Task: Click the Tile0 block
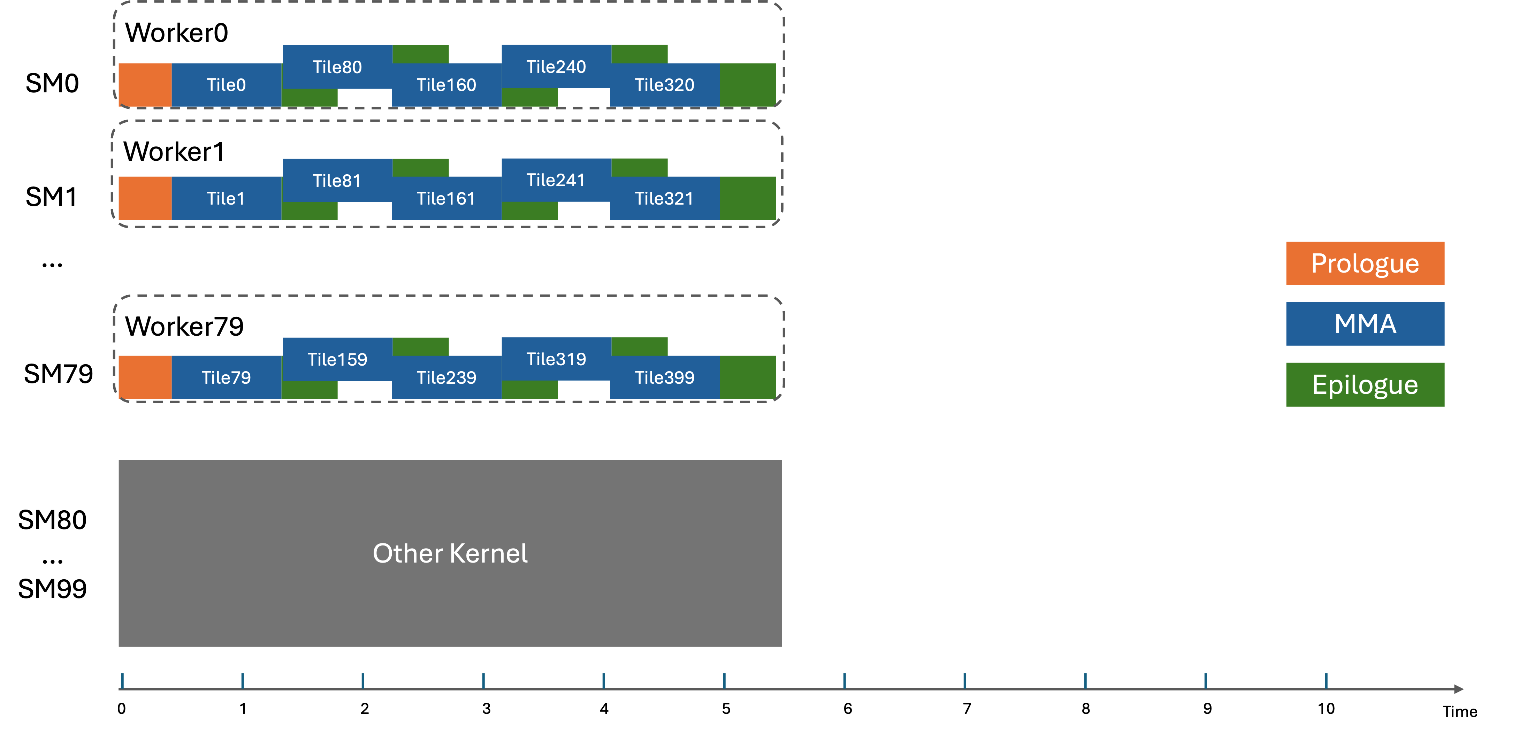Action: pyautogui.click(x=226, y=85)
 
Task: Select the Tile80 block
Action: pyautogui.click(x=337, y=67)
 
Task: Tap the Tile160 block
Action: pyautogui.click(x=446, y=85)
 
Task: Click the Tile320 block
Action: pyautogui.click(x=664, y=85)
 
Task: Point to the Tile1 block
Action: pyautogui.click(x=226, y=199)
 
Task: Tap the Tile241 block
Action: pyautogui.click(x=556, y=180)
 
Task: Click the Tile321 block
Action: pyautogui.click(x=664, y=199)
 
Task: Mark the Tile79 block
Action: pyautogui.click(x=226, y=377)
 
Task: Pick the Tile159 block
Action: pyautogui.click(x=337, y=359)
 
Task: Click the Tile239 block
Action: pyautogui.click(x=446, y=377)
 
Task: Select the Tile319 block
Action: pyautogui.click(x=556, y=359)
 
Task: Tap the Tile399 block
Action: pyautogui.click(x=664, y=377)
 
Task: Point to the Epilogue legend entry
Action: pyautogui.click(x=1365, y=384)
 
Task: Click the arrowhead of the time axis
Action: pyautogui.click(x=1459, y=688)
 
